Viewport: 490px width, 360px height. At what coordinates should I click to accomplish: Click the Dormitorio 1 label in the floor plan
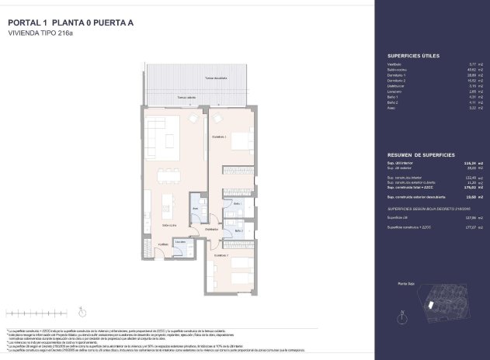point(220,137)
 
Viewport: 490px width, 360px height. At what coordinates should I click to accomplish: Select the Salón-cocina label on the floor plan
point(169,225)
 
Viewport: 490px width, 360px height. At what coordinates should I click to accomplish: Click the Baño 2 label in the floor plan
point(238,231)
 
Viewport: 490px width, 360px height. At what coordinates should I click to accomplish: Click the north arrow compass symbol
point(400,317)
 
